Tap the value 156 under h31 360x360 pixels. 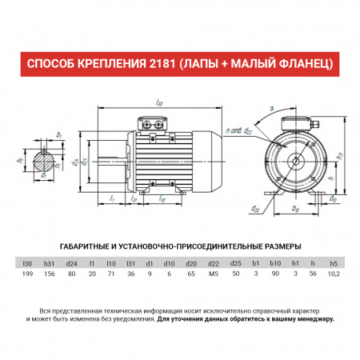49,274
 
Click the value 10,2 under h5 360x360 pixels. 334,274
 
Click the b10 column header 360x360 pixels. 274,262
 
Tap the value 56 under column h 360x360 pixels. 314,274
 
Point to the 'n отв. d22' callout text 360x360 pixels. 238,130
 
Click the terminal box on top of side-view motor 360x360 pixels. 154,124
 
